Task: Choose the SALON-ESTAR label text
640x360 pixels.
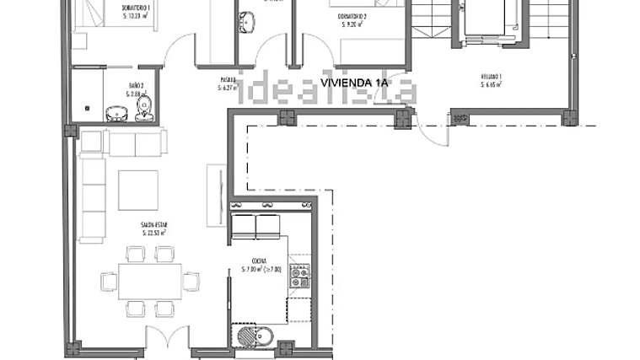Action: pos(153,226)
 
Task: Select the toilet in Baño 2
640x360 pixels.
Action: pos(145,107)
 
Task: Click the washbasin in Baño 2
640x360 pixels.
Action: pos(113,113)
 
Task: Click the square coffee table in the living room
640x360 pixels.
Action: pos(137,191)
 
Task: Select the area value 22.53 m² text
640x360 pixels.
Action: pos(153,232)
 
